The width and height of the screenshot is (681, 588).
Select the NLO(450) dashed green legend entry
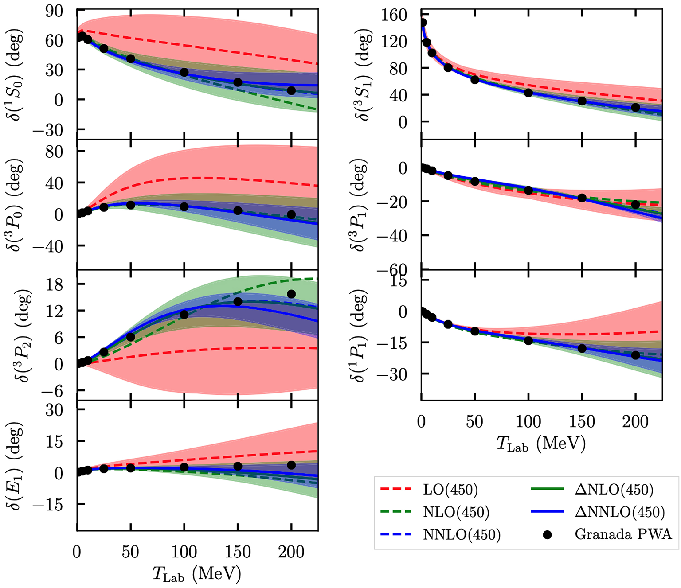click(x=456, y=512)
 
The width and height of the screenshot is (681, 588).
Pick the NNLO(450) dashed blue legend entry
click(x=462, y=535)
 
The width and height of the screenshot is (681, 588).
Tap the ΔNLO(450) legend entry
click(x=614, y=490)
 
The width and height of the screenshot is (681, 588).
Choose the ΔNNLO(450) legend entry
click(x=620, y=512)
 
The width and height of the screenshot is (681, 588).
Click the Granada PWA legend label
click(x=623, y=534)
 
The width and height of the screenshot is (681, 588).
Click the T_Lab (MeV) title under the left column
click(x=197, y=574)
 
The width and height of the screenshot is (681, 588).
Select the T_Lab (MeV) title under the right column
click(x=541, y=444)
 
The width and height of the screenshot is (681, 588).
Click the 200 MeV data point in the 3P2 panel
click(x=291, y=294)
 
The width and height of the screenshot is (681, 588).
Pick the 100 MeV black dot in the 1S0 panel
click(x=184, y=72)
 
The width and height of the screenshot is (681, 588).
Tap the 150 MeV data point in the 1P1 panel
click(x=582, y=349)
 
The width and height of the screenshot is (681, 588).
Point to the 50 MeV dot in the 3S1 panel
click(x=475, y=80)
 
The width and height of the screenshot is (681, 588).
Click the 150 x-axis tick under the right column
click(x=582, y=422)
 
